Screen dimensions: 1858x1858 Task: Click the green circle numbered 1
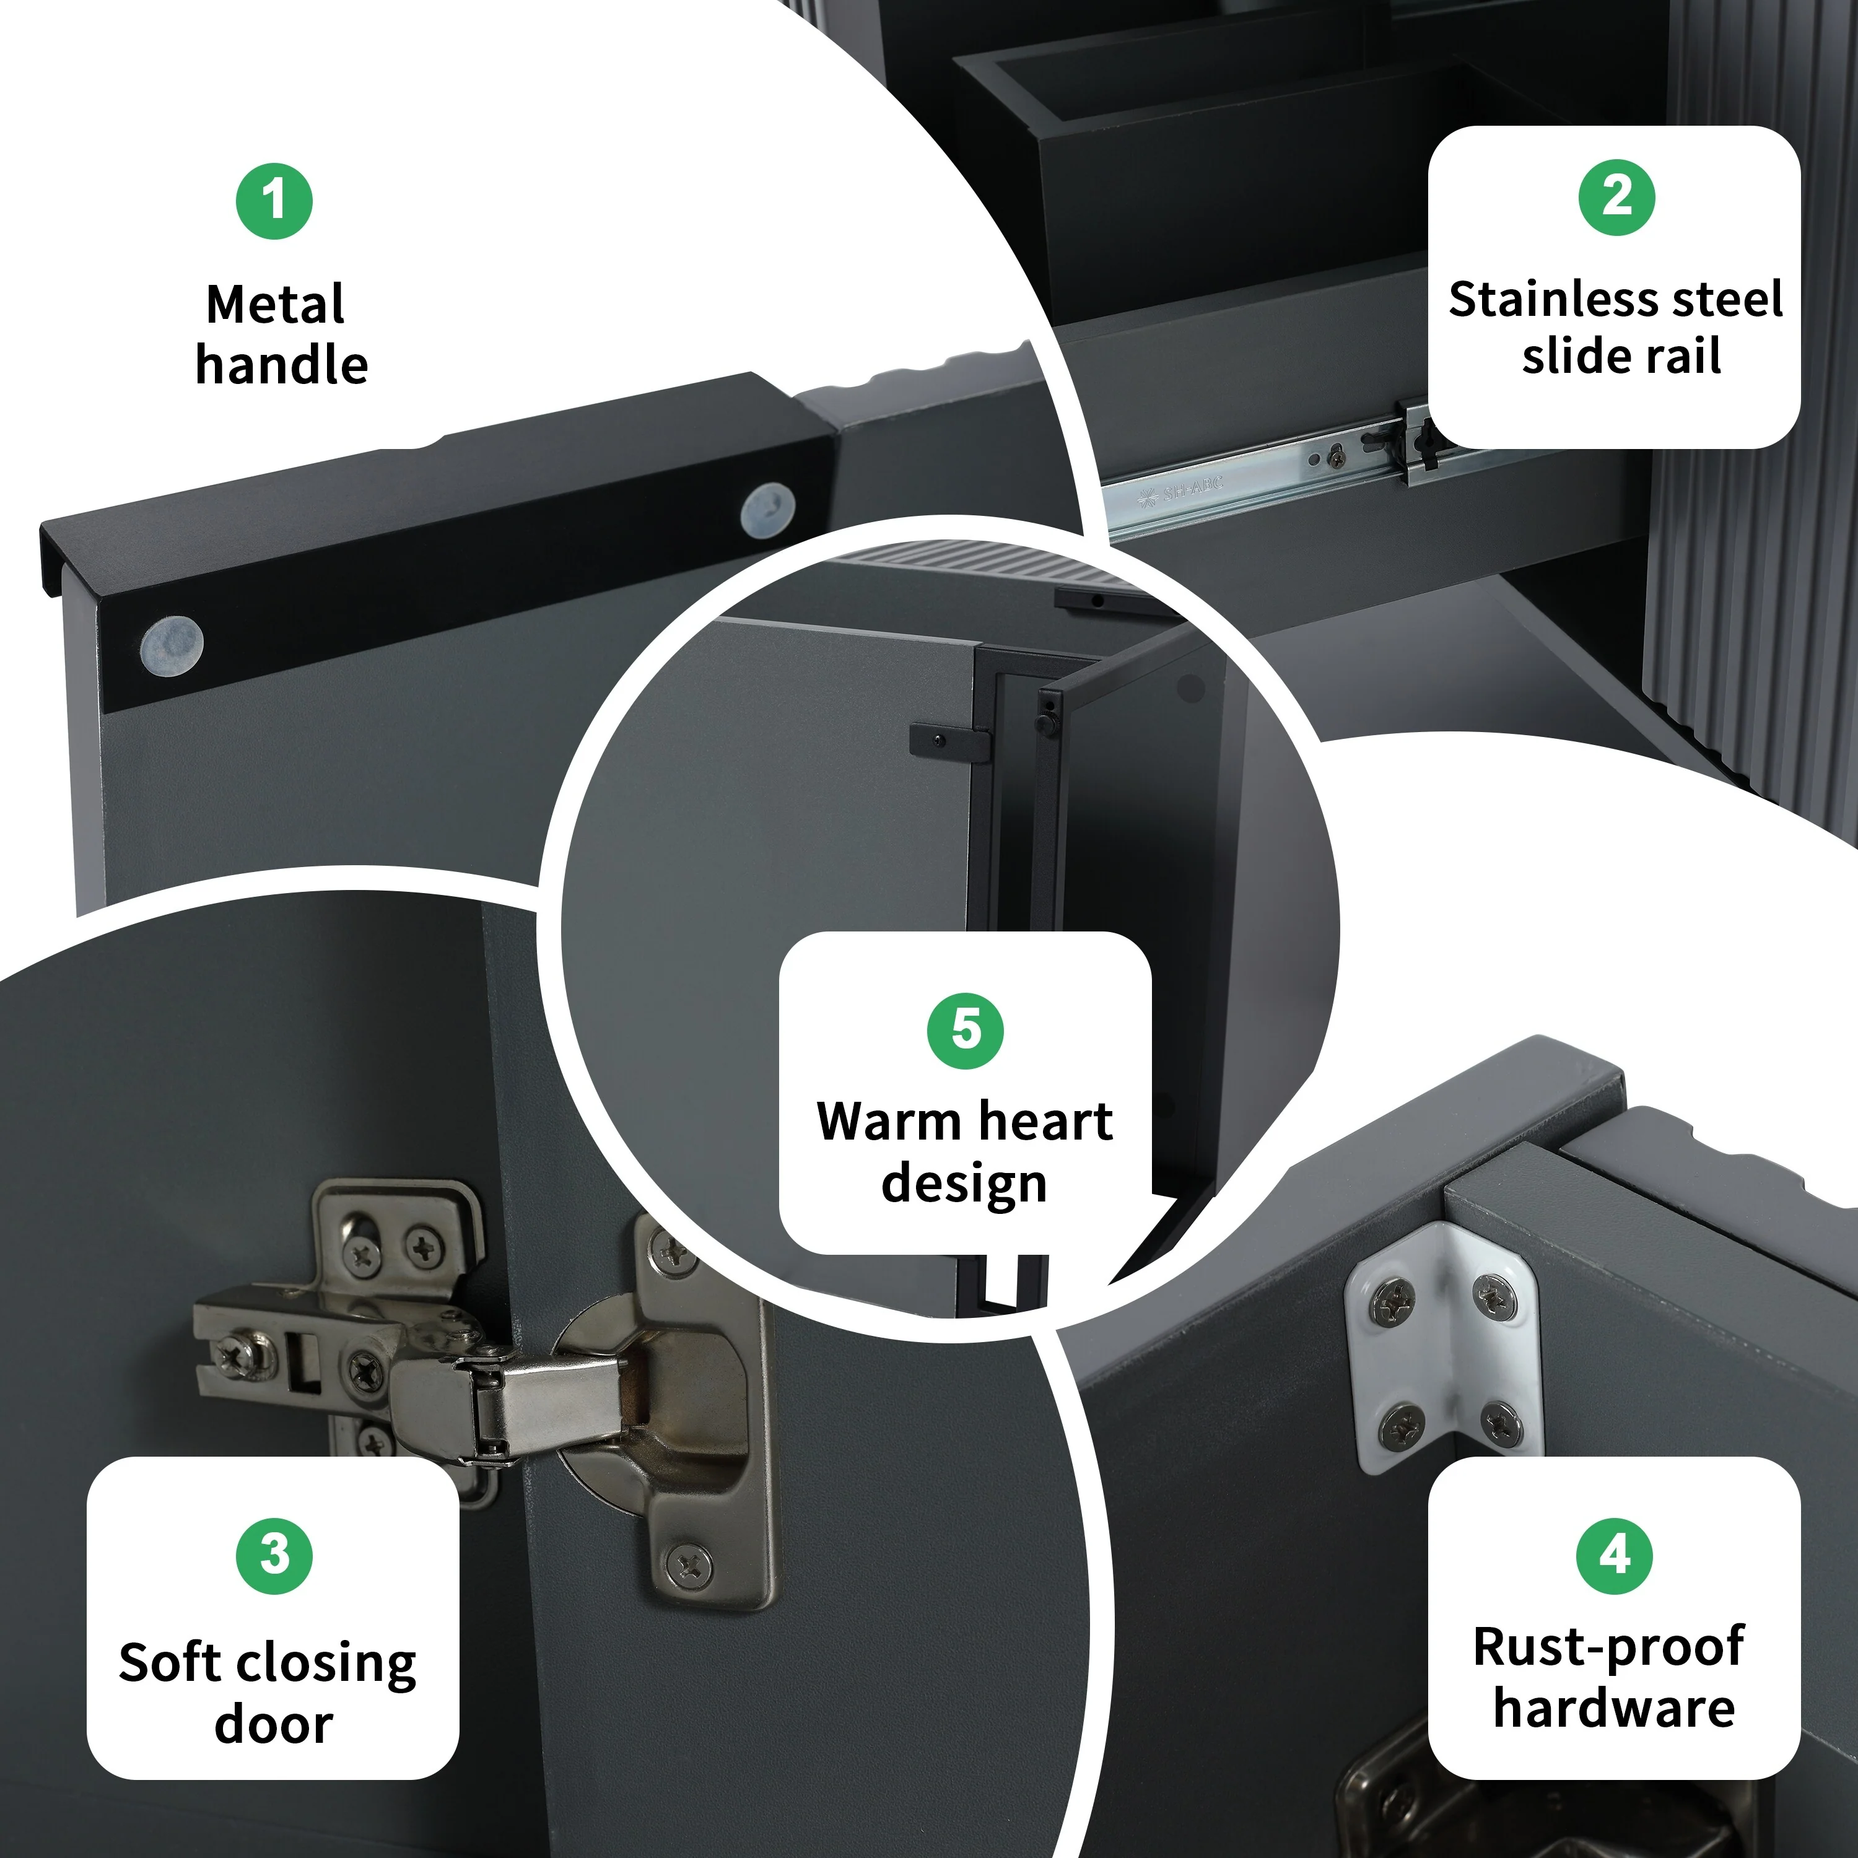[274, 201]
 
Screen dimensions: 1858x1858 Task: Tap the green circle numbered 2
[1616, 197]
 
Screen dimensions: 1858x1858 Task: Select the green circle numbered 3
[274, 1555]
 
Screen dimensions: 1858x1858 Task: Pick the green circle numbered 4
[1615, 1555]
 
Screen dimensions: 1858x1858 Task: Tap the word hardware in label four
[1615, 1708]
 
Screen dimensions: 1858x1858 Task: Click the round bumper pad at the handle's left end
[172, 643]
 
